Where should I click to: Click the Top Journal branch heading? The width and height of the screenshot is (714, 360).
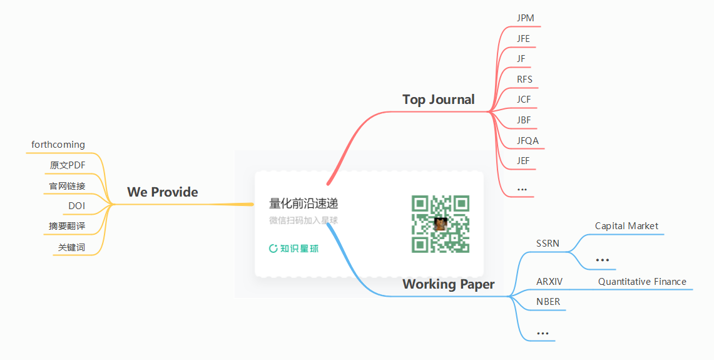(x=438, y=100)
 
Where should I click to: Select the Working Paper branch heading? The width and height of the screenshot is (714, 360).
(x=448, y=284)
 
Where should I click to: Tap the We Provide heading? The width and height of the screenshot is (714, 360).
(x=162, y=192)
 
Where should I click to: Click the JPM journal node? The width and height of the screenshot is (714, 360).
(x=526, y=18)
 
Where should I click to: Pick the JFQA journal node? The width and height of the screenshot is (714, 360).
(x=528, y=141)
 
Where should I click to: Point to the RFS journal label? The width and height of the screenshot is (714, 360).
(x=524, y=80)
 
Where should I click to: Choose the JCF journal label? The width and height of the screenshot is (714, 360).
(x=524, y=100)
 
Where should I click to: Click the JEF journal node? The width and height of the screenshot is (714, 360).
(x=523, y=161)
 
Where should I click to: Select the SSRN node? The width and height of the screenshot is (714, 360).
(x=548, y=244)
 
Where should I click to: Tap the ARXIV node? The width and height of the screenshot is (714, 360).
(x=549, y=282)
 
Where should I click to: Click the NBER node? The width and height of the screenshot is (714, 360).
(x=548, y=302)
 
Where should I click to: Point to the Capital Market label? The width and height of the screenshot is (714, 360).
(x=626, y=226)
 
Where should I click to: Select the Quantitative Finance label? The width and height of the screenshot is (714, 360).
(x=642, y=282)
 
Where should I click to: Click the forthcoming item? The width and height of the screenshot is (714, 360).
(x=58, y=145)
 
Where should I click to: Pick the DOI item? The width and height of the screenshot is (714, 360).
(x=77, y=206)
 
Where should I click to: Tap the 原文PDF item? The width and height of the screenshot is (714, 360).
(x=68, y=165)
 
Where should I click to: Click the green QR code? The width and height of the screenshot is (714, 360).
(x=441, y=224)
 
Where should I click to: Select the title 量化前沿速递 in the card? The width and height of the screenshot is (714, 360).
(x=303, y=203)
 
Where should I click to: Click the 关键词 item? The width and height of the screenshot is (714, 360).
(x=71, y=247)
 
